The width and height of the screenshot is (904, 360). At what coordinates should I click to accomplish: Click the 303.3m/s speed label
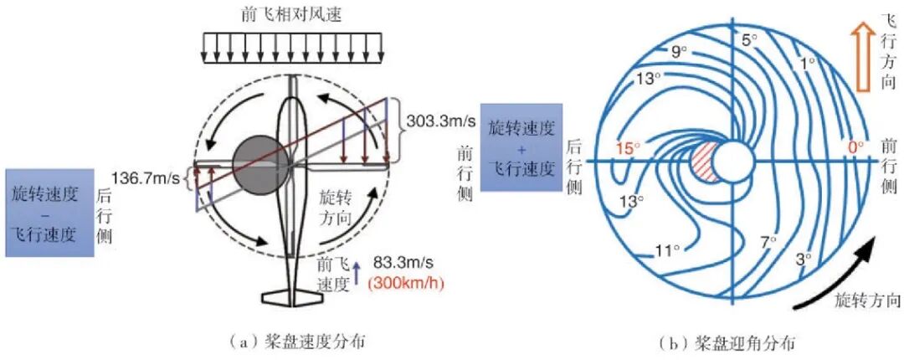442,121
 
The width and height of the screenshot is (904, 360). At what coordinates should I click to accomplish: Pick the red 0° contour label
855,147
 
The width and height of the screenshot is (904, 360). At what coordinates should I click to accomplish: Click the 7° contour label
768,242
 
